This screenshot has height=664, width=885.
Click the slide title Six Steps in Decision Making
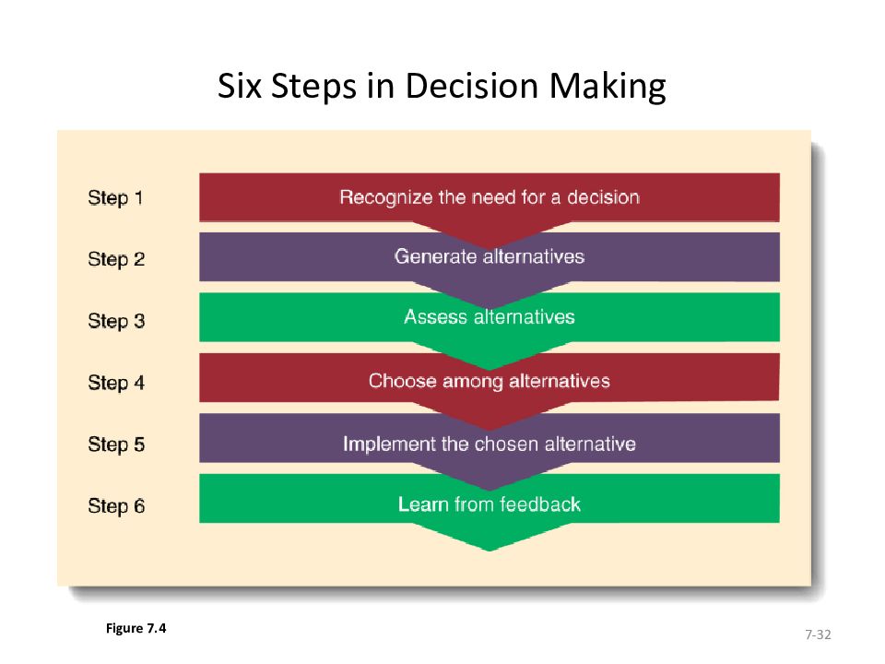point(442,87)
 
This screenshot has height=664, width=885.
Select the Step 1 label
point(115,197)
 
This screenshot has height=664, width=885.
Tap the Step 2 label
point(115,259)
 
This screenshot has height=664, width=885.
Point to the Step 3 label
point(115,321)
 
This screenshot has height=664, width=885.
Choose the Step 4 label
point(115,382)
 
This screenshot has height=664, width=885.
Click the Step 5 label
point(115,445)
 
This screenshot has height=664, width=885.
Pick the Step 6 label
point(115,506)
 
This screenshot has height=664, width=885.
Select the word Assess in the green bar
point(435,317)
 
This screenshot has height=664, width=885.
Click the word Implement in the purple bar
point(389,444)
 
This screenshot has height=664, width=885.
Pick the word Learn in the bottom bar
point(423,504)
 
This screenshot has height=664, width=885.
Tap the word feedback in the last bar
point(540,504)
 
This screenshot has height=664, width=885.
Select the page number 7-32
point(818,634)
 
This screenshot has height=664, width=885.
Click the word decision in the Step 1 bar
point(603,197)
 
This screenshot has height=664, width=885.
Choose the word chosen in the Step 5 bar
point(507,444)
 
